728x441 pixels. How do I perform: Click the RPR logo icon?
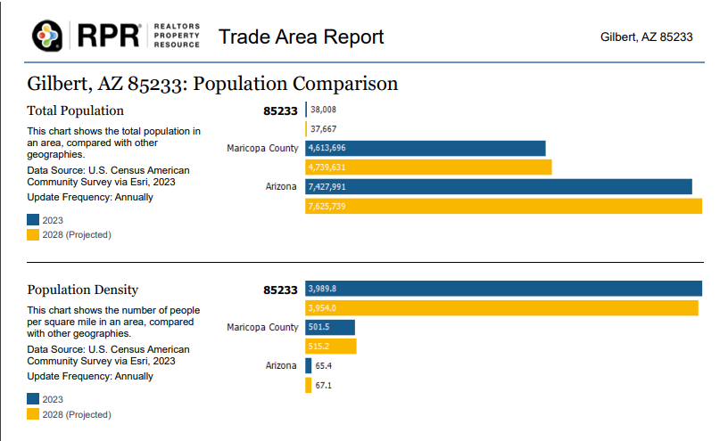(46, 37)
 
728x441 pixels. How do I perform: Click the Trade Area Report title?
(301, 37)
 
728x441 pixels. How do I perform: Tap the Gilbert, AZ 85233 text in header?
(647, 37)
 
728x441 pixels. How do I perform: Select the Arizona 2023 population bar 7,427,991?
(499, 187)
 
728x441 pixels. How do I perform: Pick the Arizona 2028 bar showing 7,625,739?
(503, 206)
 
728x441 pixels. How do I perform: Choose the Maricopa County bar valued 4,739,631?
(428, 167)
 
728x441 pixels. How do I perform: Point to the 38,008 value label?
(323, 110)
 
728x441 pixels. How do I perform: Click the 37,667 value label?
(323, 129)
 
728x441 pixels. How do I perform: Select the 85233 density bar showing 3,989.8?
(503, 289)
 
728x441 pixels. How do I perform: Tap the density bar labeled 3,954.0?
(501, 308)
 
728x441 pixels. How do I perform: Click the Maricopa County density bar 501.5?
(330, 327)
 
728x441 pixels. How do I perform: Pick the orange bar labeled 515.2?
(331, 347)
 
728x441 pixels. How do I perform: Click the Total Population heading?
(75, 110)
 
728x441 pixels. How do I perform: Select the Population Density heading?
(82, 290)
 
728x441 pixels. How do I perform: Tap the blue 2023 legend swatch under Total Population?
(33, 219)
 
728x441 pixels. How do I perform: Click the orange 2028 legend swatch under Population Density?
(33, 413)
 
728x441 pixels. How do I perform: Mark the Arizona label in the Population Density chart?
(282, 366)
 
